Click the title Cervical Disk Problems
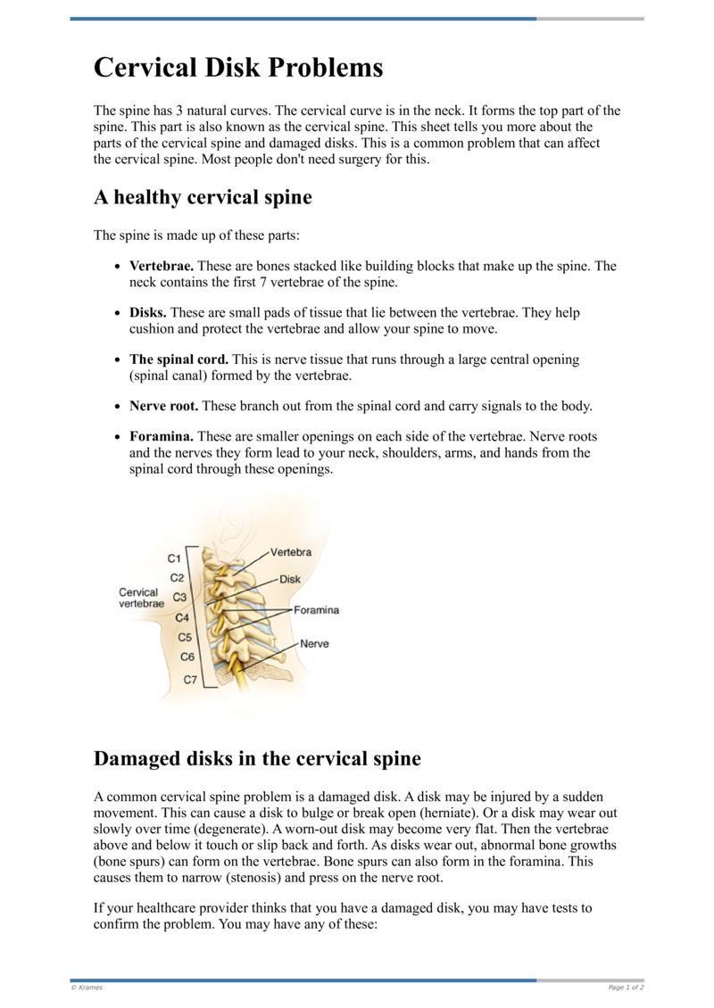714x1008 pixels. click(x=238, y=68)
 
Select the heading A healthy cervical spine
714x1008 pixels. click(x=203, y=197)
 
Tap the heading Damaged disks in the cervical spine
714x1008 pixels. click(x=257, y=759)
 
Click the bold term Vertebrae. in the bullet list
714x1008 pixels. click(x=162, y=267)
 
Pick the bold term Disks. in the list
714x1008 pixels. click(x=148, y=313)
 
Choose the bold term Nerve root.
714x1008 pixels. click(x=165, y=406)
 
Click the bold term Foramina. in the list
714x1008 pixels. click(x=162, y=437)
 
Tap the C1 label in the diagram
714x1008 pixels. click(x=176, y=558)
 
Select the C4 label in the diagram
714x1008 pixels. click(x=182, y=617)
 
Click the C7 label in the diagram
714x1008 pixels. click(x=190, y=680)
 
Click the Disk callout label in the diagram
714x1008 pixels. click(x=290, y=579)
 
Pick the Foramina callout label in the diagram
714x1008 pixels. click(x=317, y=610)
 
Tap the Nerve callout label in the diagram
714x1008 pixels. click(x=315, y=643)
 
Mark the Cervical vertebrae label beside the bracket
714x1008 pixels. click(x=141, y=598)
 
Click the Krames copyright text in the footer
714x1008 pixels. click(x=87, y=987)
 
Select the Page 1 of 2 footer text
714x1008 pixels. click(x=626, y=987)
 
